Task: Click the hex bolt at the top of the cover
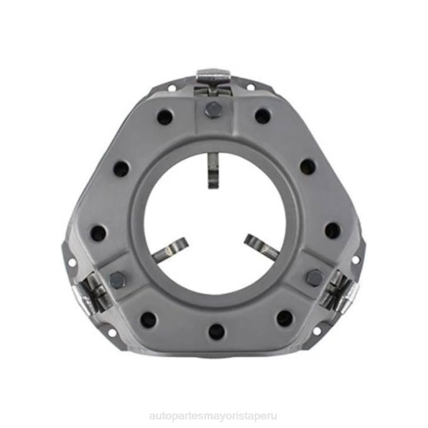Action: [214, 109]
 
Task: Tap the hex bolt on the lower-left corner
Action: [117, 279]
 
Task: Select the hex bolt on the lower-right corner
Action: [314, 277]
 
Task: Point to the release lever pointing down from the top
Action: [214, 170]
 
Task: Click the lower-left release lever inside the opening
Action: [170, 250]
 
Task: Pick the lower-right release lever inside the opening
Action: [262, 246]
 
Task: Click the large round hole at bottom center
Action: [216, 331]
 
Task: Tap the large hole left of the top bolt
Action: [165, 117]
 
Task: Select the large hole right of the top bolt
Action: [263, 116]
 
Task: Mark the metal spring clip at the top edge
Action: [214, 79]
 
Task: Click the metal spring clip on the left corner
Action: [91, 292]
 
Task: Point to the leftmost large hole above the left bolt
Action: [98, 233]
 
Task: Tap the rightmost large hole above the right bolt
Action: [332, 230]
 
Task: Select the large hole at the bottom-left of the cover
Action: [148, 320]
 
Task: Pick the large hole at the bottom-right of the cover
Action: [285, 318]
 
